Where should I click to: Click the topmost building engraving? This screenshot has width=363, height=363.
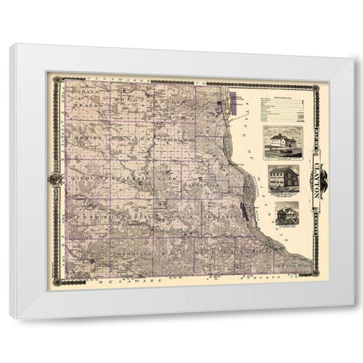282,141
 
